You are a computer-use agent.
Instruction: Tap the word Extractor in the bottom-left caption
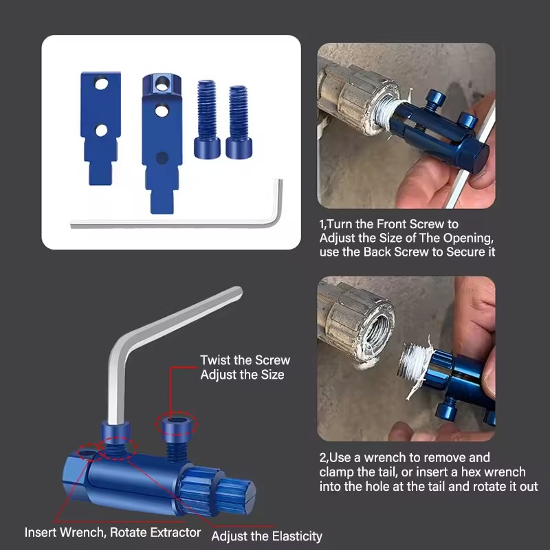pyautogui.click(x=175, y=532)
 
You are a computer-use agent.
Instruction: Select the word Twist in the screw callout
pyautogui.click(x=215, y=360)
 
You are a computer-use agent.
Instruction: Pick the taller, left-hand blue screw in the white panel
pyautogui.click(x=207, y=118)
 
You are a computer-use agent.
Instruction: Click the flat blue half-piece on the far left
pyautogui.click(x=100, y=129)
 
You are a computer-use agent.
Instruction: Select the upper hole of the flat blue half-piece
pyautogui.click(x=101, y=84)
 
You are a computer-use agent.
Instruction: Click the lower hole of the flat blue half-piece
pyautogui.click(x=101, y=131)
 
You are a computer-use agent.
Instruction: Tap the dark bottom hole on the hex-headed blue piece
pyautogui.click(x=162, y=157)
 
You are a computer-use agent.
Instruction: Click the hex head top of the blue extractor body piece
pyautogui.click(x=162, y=83)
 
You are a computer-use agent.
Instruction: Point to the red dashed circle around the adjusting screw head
pyautogui.click(x=177, y=424)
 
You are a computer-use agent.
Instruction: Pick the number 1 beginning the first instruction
pyautogui.click(x=322, y=225)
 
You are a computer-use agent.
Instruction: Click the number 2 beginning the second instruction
pyautogui.click(x=322, y=458)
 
